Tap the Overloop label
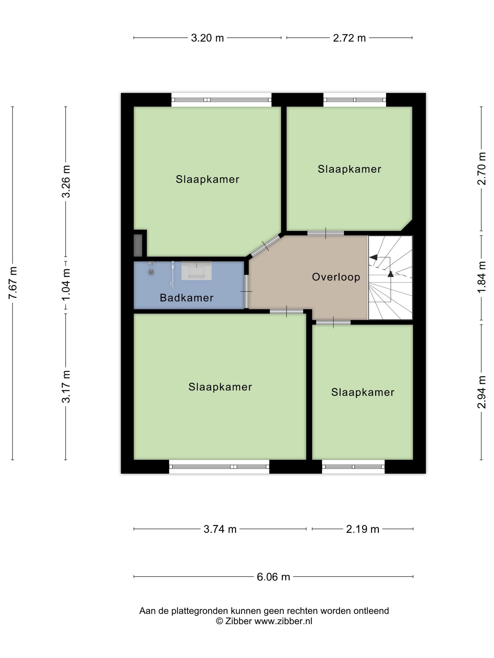336,277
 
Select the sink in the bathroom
196,271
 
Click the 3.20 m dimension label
207,38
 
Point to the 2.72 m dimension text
349,38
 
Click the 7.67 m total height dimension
13,283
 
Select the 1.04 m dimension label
66,284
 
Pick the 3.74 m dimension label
220,529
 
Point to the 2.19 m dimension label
363,529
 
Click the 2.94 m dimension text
482,392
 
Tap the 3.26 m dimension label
66,181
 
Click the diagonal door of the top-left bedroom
265,246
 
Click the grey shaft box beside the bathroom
138,245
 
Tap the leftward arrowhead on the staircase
373,257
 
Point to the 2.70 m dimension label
482,169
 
